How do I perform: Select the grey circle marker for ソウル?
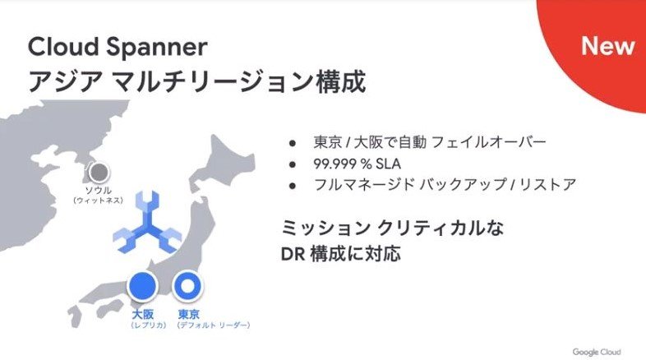[x=99, y=173]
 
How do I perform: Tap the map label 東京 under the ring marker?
[x=189, y=314]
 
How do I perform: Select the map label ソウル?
[x=96, y=190]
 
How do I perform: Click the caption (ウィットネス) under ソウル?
[x=97, y=200]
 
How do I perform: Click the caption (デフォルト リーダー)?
[x=214, y=325]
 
